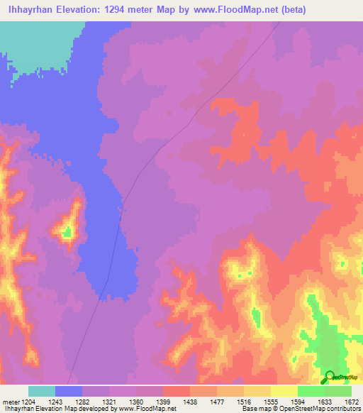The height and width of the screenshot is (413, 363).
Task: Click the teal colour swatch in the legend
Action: [42, 391]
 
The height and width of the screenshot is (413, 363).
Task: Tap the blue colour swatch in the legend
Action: [69, 391]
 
